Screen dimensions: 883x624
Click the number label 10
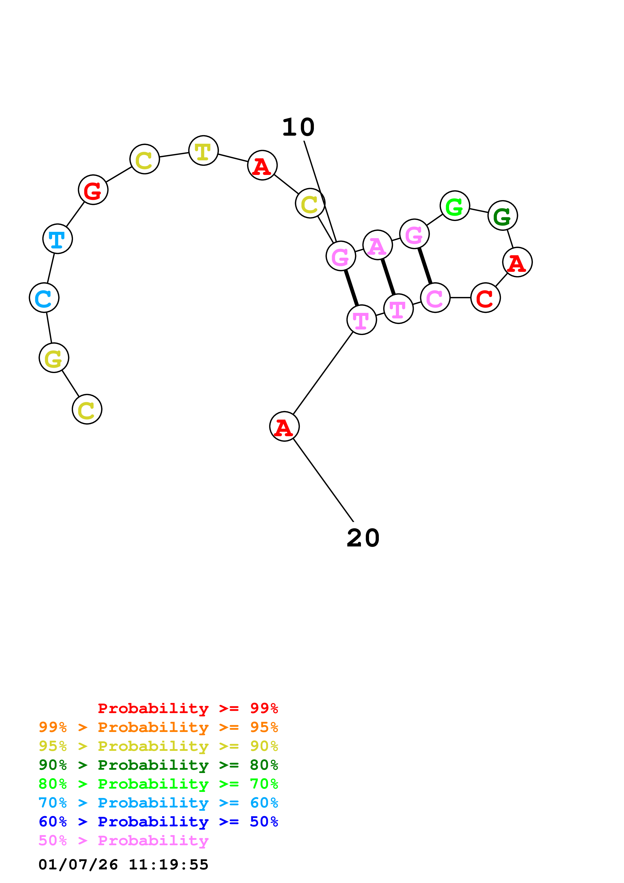[x=298, y=127]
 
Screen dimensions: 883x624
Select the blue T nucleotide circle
[x=58, y=239]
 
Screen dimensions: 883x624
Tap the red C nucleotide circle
[x=485, y=298]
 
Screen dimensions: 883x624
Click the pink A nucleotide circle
[x=378, y=245]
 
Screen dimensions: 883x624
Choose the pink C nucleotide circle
[x=435, y=298]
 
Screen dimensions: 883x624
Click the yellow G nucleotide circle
[x=54, y=358]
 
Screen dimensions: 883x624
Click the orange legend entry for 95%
[x=158, y=727]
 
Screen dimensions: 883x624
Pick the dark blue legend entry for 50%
[x=158, y=822]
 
